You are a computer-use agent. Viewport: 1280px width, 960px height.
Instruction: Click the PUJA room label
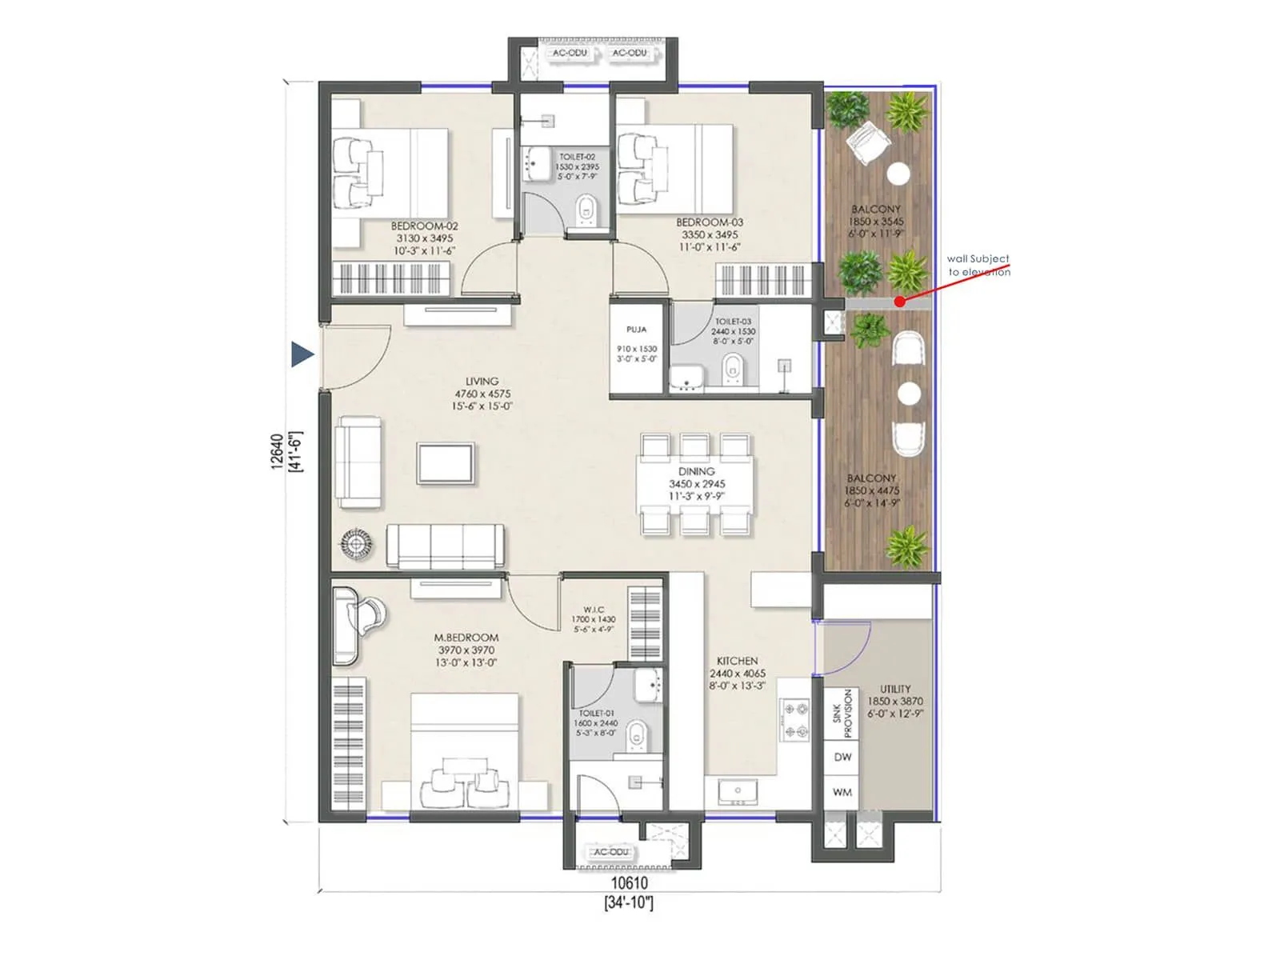pyautogui.click(x=637, y=330)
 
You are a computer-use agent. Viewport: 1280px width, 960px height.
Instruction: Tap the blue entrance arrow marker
pyautogui.click(x=302, y=354)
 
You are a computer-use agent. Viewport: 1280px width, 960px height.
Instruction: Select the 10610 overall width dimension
pyautogui.click(x=630, y=883)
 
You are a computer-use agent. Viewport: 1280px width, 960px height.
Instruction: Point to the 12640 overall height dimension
pyautogui.click(x=277, y=451)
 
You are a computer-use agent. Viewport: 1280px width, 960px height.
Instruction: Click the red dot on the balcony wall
pyautogui.click(x=900, y=302)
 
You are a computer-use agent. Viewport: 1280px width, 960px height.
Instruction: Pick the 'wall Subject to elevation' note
pyautogui.click(x=978, y=265)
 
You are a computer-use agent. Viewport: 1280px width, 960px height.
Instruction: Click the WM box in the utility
pyautogui.click(x=842, y=792)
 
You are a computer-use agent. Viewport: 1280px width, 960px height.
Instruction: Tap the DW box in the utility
pyautogui.click(x=842, y=756)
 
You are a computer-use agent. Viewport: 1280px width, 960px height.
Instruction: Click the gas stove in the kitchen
pyautogui.click(x=795, y=719)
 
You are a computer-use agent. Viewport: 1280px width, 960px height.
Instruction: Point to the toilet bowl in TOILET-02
pyautogui.click(x=586, y=210)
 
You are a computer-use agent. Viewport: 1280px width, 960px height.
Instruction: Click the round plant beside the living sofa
pyautogui.click(x=356, y=544)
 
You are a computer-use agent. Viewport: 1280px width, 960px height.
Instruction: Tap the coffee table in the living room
pyautogui.click(x=445, y=463)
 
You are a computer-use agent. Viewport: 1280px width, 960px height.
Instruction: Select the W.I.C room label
pyautogui.click(x=594, y=610)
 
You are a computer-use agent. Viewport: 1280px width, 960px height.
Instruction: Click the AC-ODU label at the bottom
pyautogui.click(x=610, y=852)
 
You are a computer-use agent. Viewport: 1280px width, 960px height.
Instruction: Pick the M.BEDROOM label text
pyautogui.click(x=466, y=638)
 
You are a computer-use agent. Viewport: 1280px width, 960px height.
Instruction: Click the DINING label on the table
pyautogui.click(x=696, y=472)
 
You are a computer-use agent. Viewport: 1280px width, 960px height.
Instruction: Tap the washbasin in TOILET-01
pyautogui.click(x=648, y=685)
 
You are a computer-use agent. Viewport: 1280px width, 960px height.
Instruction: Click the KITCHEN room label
pyautogui.click(x=737, y=661)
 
